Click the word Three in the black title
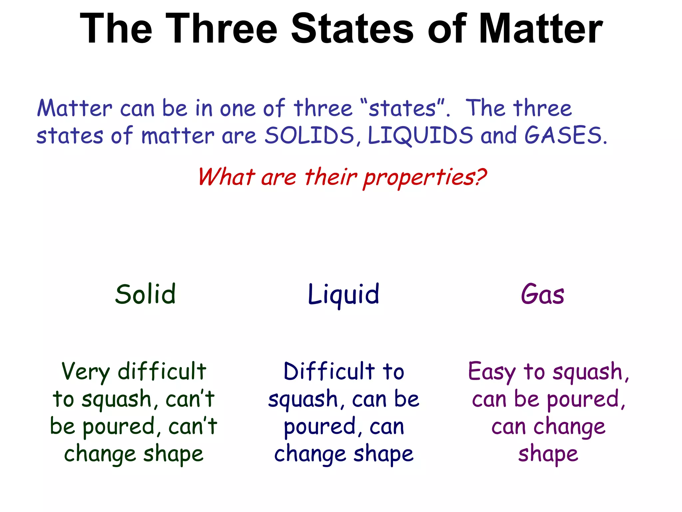point(221,29)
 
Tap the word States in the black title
point(352,29)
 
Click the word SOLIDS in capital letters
point(310,136)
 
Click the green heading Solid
point(145,294)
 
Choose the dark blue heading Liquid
point(343,295)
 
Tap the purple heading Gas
point(542,294)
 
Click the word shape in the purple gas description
point(548,454)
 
